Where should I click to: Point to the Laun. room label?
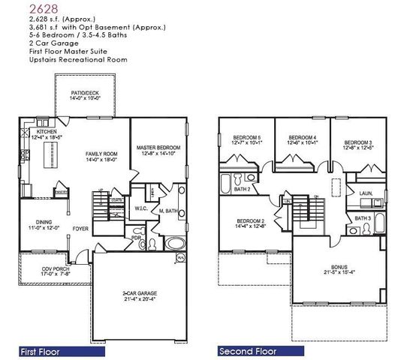click(367, 193)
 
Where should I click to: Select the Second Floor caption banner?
click(247, 351)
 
